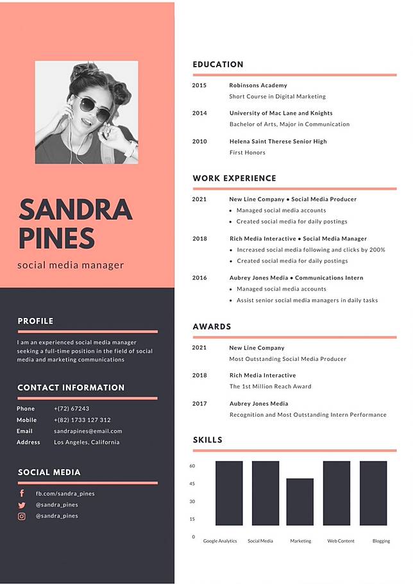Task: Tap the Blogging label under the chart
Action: coord(381,541)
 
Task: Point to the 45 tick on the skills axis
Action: coord(192,484)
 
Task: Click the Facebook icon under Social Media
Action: coord(22,494)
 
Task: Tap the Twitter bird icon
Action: coord(22,505)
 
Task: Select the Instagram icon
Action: coord(22,515)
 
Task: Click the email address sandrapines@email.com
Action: coord(88,431)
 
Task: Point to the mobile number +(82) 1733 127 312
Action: coord(82,420)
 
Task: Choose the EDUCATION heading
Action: coord(218,65)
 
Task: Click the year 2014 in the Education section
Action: coord(199,113)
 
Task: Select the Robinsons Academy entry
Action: coord(258,85)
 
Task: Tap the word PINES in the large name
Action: coord(56,238)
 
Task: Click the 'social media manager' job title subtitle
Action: coord(71,265)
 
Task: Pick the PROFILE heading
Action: coord(35,321)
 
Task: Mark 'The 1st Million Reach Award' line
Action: coord(270,387)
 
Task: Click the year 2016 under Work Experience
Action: coord(199,278)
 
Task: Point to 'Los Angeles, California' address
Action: coord(87,442)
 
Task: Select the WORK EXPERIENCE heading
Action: coord(234,178)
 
